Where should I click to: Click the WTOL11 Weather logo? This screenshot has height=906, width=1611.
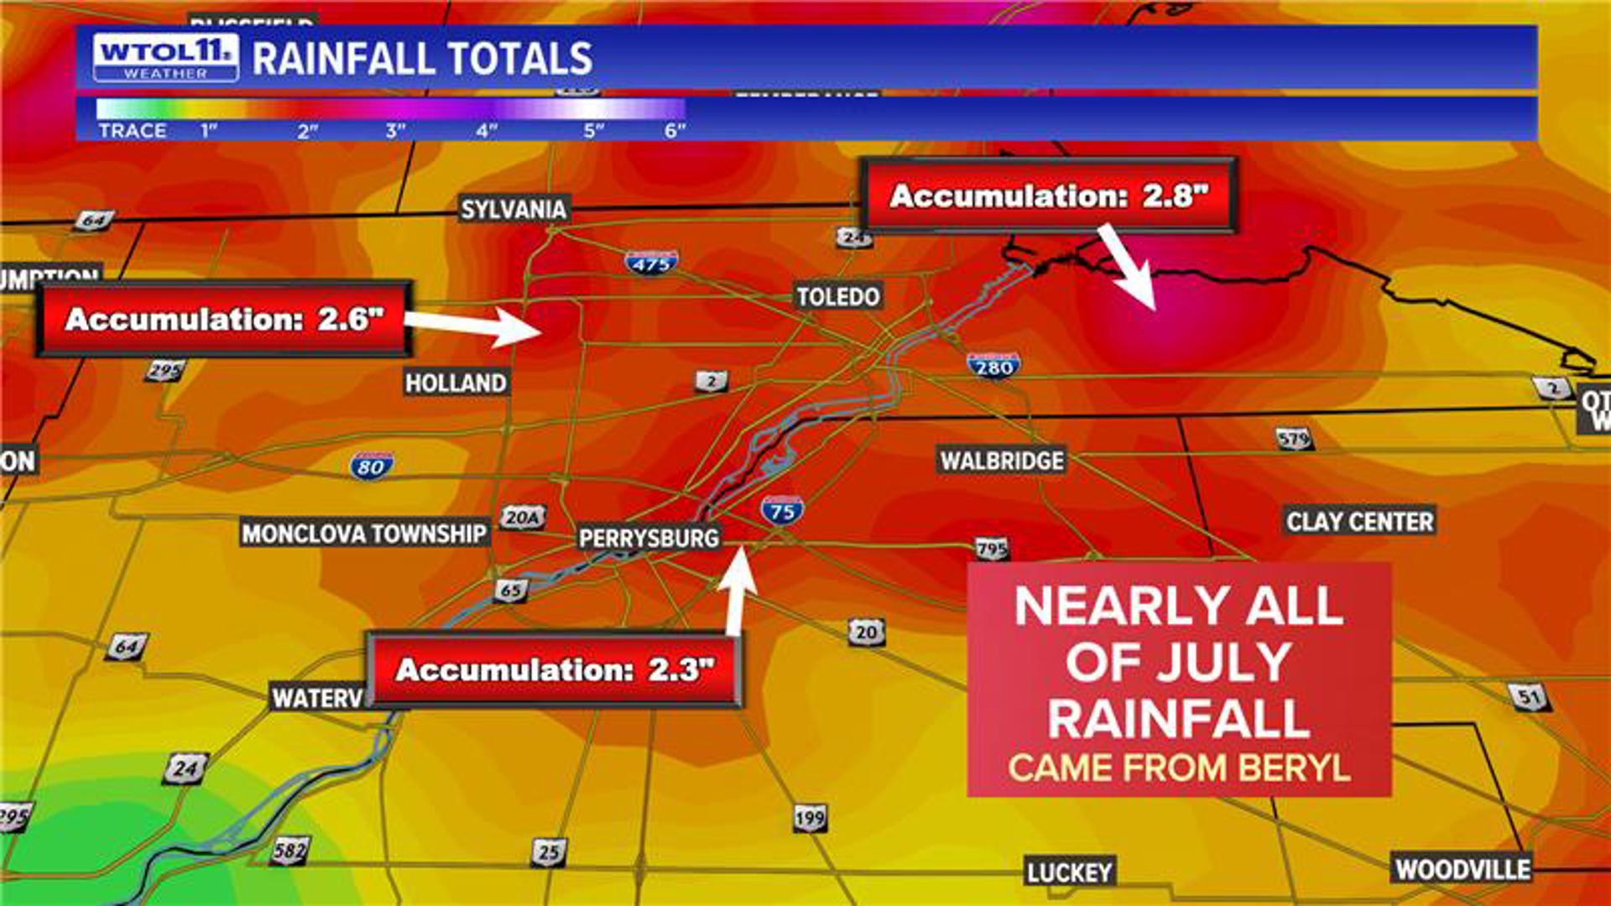click(x=165, y=57)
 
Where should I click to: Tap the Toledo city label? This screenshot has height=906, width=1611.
click(x=837, y=296)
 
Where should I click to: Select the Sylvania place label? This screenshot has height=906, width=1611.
click(x=513, y=209)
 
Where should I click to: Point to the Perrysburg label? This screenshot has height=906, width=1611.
click(x=649, y=538)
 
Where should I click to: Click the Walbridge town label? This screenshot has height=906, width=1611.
click(x=1001, y=461)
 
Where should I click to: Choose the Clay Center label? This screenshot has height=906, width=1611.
click(x=1359, y=521)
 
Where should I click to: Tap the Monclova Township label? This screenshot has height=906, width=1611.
click(x=363, y=534)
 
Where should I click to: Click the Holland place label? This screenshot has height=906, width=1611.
click(x=456, y=383)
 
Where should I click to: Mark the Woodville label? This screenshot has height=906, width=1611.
click(x=1462, y=868)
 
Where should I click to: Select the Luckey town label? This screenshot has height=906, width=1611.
click(x=1069, y=872)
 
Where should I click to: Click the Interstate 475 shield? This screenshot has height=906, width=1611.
click(x=651, y=263)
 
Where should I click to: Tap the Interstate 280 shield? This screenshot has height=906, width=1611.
click(x=993, y=366)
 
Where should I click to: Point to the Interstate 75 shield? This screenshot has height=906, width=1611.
click(x=782, y=510)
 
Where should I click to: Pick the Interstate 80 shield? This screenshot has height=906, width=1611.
click(x=371, y=466)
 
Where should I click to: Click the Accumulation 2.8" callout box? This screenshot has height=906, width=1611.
click(x=1049, y=195)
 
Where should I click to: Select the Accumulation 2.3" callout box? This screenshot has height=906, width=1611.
click(x=555, y=669)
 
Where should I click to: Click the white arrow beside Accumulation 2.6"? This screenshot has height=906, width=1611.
click(x=474, y=325)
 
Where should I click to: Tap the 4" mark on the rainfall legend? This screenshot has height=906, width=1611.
click(x=487, y=131)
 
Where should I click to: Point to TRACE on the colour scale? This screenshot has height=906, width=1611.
click(x=133, y=131)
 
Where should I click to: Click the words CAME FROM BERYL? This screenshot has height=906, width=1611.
click(x=1179, y=768)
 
